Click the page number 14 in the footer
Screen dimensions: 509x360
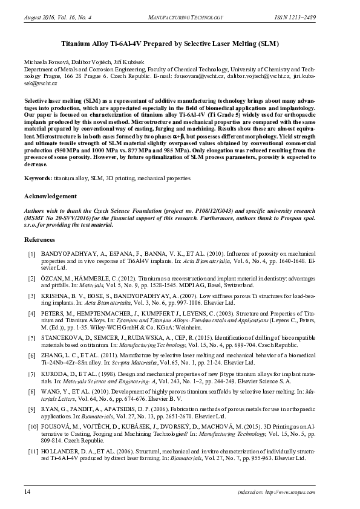pos(27,493)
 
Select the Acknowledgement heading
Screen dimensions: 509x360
pos(50,196)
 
